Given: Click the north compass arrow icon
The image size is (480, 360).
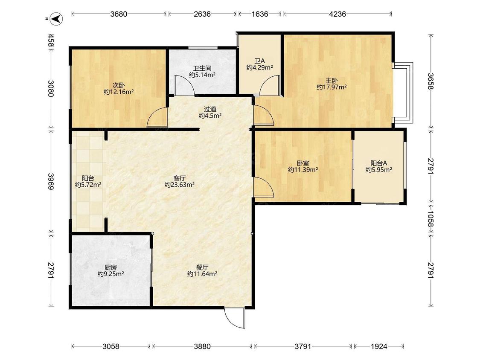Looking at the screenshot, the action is [x=56, y=19].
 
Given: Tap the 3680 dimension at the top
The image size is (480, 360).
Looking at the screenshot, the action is [x=119, y=14].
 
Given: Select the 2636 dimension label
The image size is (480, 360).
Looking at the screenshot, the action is [x=202, y=14].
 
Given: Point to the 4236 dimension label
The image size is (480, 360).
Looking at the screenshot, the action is [x=337, y=14].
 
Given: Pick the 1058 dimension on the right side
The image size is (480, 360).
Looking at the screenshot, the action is [x=431, y=219].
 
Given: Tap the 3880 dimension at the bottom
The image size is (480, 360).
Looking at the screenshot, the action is [x=202, y=346].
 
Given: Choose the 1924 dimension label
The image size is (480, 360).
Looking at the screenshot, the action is [x=379, y=346].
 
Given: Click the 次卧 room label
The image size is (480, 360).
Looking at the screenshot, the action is [x=119, y=85].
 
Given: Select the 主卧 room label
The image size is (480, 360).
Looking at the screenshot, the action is [x=332, y=81].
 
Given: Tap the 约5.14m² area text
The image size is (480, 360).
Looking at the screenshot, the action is [x=202, y=75].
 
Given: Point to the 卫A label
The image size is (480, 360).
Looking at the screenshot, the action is [x=259, y=61].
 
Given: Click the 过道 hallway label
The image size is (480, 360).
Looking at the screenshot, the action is [x=210, y=109].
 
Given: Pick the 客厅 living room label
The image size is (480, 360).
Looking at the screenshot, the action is [x=179, y=178].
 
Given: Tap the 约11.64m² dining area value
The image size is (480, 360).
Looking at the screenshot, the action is [x=202, y=274].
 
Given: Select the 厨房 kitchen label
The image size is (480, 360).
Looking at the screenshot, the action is [x=111, y=267].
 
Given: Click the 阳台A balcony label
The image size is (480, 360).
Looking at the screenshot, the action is [x=379, y=163].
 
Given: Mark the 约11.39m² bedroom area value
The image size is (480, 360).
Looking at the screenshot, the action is [x=303, y=170].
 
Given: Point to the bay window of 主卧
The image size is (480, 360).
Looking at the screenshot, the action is [x=404, y=93].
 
